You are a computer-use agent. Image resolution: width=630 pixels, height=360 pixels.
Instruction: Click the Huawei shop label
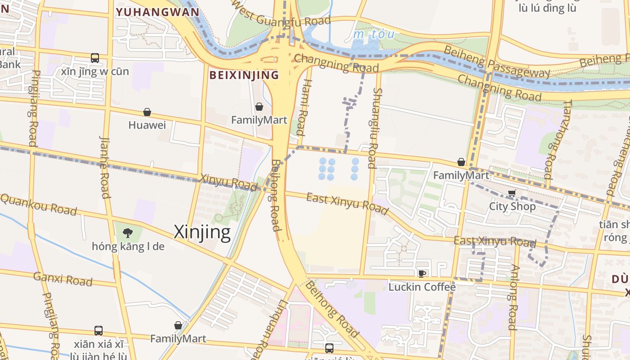(147, 125)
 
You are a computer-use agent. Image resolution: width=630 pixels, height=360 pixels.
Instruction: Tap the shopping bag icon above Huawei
(147, 112)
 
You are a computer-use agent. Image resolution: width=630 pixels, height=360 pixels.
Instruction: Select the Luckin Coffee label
(422, 287)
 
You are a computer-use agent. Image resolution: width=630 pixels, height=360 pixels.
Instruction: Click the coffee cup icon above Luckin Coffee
(422, 274)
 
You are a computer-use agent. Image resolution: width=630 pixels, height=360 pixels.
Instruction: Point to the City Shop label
(512, 207)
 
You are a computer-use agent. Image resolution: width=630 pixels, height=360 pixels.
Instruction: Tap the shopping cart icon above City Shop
(512, 193)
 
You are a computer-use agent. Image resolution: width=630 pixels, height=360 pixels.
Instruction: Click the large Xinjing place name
(202, 232)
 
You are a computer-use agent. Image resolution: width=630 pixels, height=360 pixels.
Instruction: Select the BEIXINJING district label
(244, 75)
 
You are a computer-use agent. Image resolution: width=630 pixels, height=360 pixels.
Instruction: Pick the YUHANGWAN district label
(157, 12)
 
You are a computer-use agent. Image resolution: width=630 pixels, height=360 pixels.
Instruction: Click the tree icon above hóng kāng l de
(128, 233)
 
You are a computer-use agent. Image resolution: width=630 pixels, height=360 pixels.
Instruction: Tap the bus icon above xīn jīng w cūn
(95, 58)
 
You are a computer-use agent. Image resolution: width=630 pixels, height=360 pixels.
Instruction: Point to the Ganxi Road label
(63, 279)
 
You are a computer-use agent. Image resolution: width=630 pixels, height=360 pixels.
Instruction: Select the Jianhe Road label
(104, 167)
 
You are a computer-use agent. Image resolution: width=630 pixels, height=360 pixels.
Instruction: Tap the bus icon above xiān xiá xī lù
(99, 331)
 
